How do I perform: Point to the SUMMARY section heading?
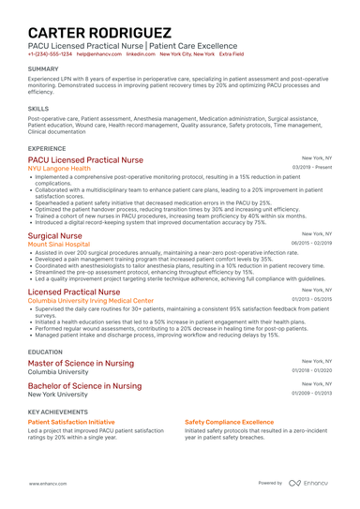click(x=43, y=69)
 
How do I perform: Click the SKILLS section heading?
click(x=38, y=109)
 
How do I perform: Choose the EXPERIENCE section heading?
click(x=47, y=148)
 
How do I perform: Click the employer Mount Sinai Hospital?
click(x=59, y=244)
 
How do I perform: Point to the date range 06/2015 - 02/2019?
click(x=310, y=243)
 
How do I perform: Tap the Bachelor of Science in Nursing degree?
click(x=85, y=385)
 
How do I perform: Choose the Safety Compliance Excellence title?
click(x=229, y=423)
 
